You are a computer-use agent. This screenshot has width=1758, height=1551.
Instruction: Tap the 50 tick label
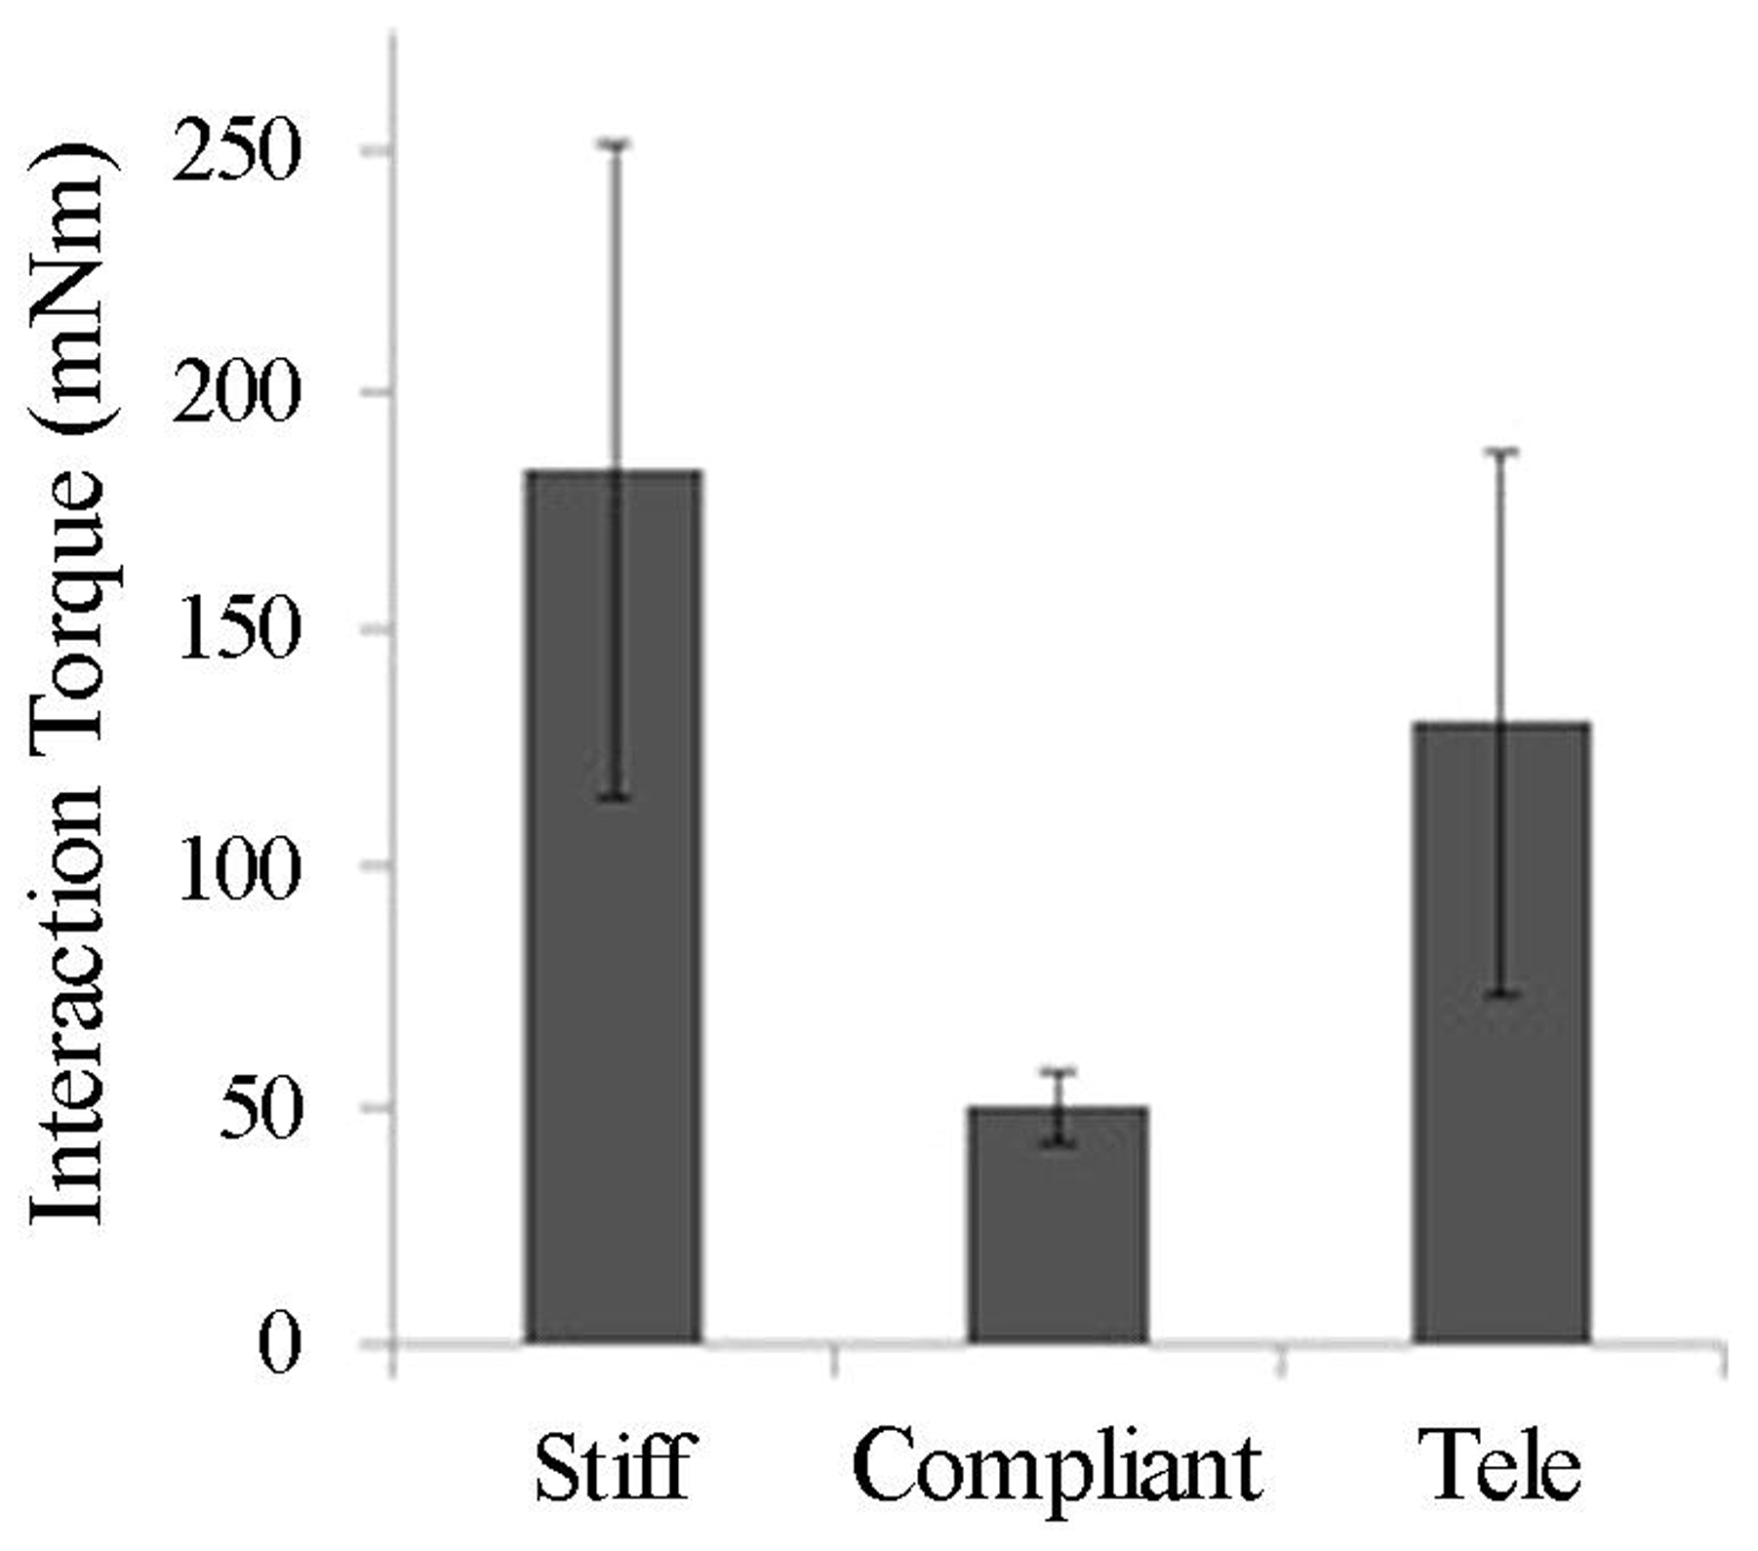coord(257,1109)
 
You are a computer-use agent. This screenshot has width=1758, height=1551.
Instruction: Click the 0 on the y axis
coord(278,1345)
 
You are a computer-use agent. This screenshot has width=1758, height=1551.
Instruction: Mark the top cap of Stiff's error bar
coord(615,144)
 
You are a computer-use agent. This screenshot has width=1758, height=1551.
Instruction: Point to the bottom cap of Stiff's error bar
coord(615,798)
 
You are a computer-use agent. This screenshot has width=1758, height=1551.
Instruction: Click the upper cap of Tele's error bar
coord(1501,452)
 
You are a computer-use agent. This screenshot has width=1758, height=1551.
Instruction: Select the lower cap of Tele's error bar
coord(1501,994)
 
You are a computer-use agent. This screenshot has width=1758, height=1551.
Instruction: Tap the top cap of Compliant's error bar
coord(1058,1072)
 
